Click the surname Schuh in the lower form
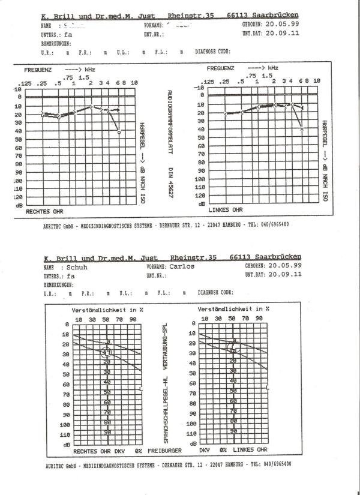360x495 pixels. click(x=77, y=267)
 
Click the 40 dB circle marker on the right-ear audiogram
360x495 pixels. click(x=119, y=131)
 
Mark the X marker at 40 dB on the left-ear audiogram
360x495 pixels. click(x=302, y=128)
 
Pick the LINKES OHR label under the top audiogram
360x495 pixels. click(x=226, y=210)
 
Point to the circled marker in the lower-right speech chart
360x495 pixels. click(x=233, y=345)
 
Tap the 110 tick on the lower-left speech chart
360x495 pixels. click(x=66, y=434)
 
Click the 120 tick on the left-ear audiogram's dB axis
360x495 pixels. click(x=201, y=195)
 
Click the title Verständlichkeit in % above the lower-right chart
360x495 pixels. click(x=233, y=309)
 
